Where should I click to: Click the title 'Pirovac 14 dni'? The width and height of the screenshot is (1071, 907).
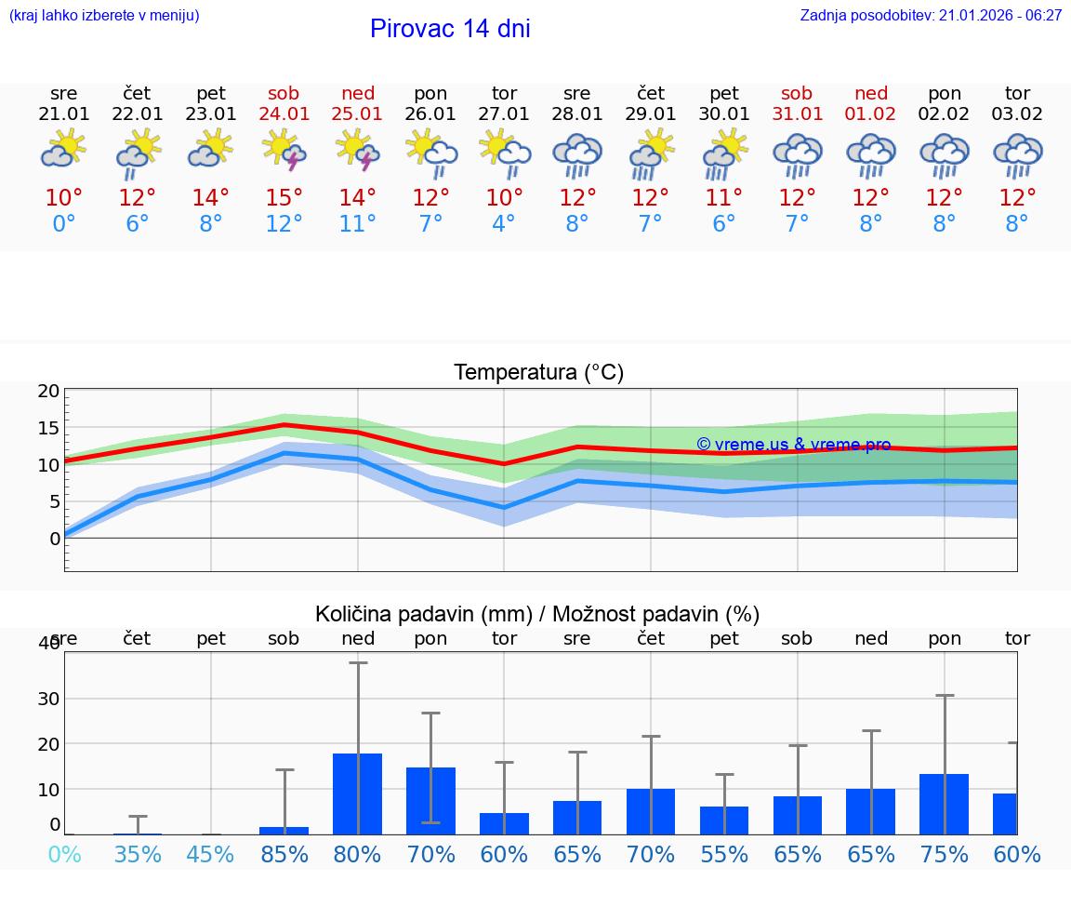click(450, 29)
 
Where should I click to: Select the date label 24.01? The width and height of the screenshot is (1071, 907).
click(284, 113)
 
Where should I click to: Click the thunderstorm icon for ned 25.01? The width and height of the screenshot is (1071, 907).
click(358, 151)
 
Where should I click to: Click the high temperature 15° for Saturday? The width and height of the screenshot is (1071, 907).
click(284, 198)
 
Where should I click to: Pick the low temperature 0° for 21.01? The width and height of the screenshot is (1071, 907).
click(64, 224)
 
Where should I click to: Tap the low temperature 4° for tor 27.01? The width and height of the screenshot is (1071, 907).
click(504, 224)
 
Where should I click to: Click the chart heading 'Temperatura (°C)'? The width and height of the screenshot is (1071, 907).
click(538, 373)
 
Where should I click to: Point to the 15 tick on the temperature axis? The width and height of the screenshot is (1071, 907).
click(48, 428)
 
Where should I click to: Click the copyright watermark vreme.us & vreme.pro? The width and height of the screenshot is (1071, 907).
click(793, 445)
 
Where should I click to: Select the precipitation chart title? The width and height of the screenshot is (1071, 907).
click(537, 614)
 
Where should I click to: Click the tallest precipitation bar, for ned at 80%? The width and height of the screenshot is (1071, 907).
click(358, 794)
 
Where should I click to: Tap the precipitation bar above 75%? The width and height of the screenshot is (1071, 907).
click(945, 804)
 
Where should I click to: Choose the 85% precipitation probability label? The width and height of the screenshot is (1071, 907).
click(284, 854)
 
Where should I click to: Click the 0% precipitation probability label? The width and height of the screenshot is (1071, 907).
click(64, 854)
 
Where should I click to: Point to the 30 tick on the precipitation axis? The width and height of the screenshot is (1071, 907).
click(48, 699)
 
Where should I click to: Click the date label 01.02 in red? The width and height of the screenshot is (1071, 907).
click(871, 113)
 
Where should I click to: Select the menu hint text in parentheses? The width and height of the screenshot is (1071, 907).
click(104, 16)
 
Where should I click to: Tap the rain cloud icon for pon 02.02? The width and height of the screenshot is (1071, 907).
click(945, 155)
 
